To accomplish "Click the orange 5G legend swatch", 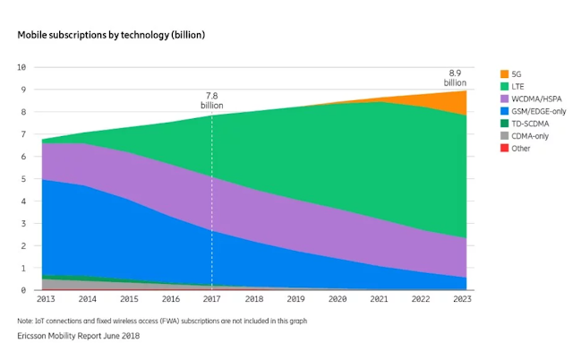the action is [x=504, y=73].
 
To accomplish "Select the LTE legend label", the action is [x=517, y=87].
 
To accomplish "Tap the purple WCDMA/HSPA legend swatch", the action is [x=504, y=99].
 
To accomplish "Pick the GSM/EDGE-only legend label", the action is [x=539, y=111].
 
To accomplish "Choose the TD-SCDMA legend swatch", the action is [x=504, y=124].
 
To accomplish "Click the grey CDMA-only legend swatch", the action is [x=504, y=136].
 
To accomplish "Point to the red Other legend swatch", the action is [x=504, y=149].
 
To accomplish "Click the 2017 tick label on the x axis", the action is [x=212, y=299].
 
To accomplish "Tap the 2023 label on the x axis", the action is [x=462, y=299].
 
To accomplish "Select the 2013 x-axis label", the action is [x=46, y=299].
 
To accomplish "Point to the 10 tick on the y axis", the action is [x=21, y=67].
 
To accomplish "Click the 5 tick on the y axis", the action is [x=24, y=179].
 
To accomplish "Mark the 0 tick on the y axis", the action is [x=24, y=290].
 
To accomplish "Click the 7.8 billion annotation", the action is [x=212, y=100].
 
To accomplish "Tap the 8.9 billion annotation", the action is [x=455, y=78].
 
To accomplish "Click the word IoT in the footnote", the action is [x=39, y=321].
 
